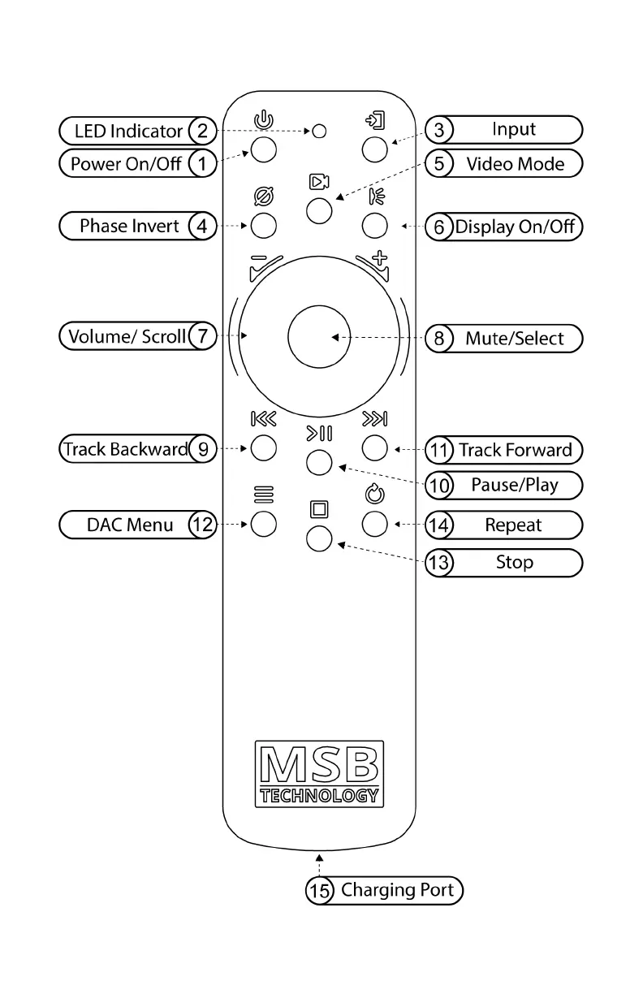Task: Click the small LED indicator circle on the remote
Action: point(320,131)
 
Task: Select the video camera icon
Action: point(318,183)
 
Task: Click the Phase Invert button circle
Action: point(263,225)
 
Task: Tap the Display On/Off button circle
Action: point(374,225)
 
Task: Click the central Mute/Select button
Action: point(319,336)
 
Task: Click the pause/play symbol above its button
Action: point(319,434)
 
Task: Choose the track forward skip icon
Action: point(374,419)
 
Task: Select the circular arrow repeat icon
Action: point(374,493)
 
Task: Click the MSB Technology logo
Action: point(319,773)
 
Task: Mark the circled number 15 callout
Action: point(319,891)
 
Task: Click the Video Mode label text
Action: point(515,164)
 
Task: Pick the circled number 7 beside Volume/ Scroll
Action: point(202,336)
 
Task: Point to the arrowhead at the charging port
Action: point(319,856)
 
